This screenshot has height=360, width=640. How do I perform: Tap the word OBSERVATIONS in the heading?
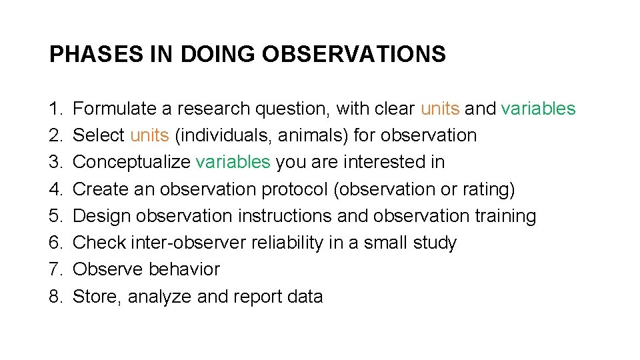tap(353, 54)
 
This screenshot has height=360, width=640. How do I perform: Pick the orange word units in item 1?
tap(440, 109)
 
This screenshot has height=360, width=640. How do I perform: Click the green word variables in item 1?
tap(538, 109)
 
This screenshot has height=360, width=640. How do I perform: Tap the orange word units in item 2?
tap(149, 135)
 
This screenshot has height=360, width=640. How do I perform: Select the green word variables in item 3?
tap(233, 162)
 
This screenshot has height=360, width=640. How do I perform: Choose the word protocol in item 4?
tap(296, 189)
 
